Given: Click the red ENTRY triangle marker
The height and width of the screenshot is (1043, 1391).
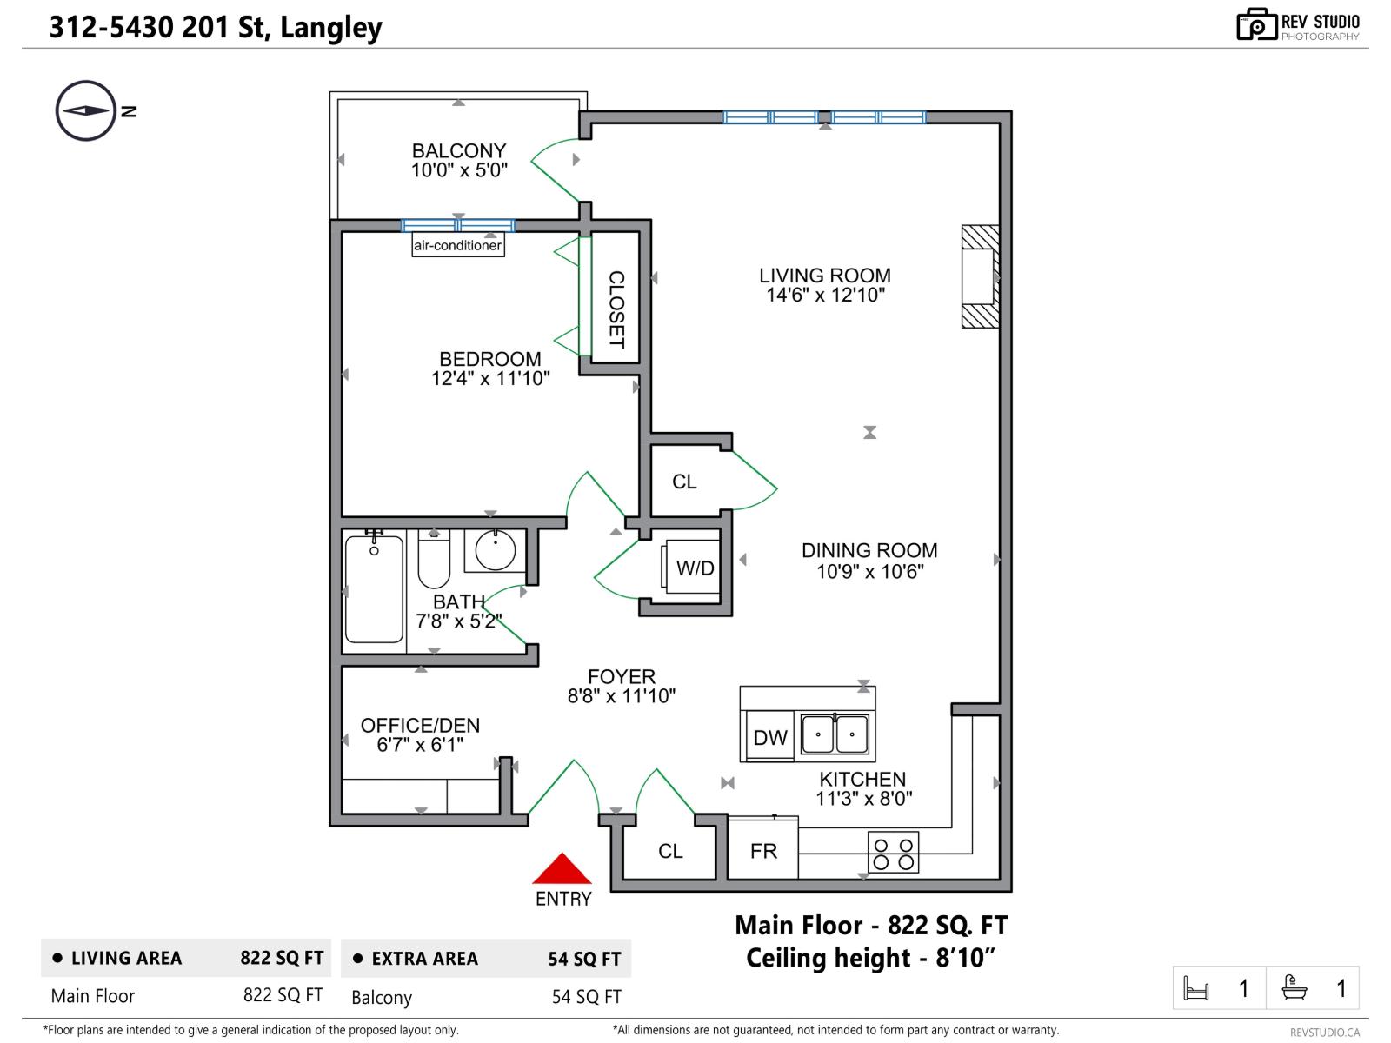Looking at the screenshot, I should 562,869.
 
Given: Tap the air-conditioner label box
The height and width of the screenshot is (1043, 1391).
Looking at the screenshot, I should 457,245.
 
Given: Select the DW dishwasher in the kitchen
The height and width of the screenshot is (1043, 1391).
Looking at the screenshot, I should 769,737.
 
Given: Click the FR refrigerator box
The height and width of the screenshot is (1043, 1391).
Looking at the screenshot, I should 763,851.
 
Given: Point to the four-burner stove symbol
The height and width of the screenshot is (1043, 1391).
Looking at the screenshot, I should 893,852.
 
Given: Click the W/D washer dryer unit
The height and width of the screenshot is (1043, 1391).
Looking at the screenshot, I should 695,568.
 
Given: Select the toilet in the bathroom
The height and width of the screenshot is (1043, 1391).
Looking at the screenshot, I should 434,561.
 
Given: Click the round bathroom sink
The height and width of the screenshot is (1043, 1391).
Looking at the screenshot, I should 495,550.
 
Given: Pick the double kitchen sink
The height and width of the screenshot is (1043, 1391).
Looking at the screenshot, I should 835,735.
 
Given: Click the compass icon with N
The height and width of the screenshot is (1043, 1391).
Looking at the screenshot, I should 86,110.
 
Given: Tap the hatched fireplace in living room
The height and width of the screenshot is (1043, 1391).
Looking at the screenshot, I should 980,276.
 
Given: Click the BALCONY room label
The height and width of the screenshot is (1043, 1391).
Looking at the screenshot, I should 458,150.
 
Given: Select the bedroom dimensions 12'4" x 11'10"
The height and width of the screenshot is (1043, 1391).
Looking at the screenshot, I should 490,379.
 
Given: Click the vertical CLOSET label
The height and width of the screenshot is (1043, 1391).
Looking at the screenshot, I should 616,309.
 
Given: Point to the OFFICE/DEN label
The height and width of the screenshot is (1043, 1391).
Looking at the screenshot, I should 420,725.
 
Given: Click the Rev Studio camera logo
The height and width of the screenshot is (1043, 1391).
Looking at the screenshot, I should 1255,24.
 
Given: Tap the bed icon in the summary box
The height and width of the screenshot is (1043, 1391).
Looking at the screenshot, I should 1196,988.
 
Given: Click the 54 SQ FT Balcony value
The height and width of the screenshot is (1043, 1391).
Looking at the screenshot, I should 586,997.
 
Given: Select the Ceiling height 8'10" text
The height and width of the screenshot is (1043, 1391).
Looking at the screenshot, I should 870,958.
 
